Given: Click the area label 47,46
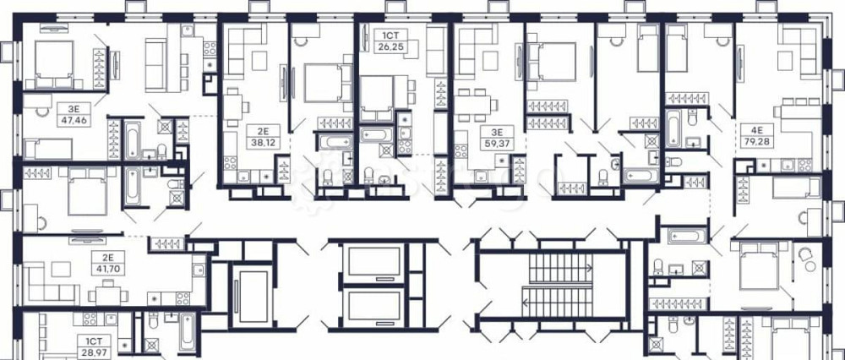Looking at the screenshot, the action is [73, 120].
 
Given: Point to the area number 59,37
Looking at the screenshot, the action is [497, 144].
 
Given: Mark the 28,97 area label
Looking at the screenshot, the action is [95, 352].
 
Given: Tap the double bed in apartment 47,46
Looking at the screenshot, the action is [54, 64].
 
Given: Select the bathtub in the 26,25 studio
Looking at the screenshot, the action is [377, 134].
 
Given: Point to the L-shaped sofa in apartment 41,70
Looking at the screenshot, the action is [49, 283].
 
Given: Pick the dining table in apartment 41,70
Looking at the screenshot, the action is [108, 294].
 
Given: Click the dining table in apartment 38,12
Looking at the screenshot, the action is [234, 105].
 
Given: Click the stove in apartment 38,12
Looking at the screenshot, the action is [230, 163].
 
